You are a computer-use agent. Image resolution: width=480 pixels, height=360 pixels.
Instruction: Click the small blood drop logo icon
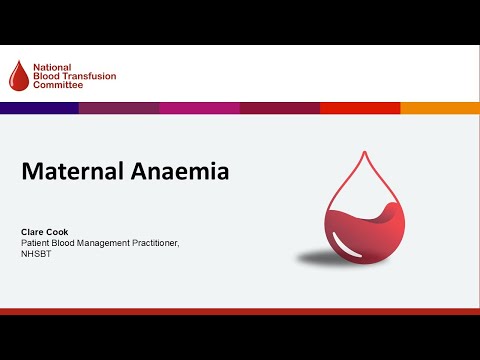click(19, 74)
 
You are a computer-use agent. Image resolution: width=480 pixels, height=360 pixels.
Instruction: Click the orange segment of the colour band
click(440, 108)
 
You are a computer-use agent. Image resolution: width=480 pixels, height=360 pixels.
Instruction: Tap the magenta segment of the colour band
click(199, 108)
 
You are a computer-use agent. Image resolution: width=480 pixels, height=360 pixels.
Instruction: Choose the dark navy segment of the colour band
click(39, 108)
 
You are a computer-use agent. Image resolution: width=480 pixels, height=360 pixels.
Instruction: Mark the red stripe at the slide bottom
click(240, 311)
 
